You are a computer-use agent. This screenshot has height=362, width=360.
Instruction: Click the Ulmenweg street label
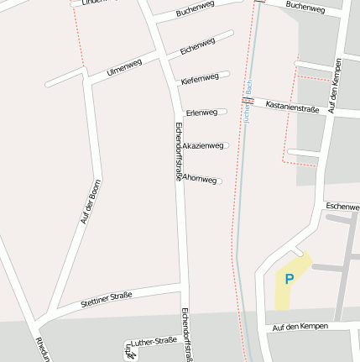(x=125, y=67)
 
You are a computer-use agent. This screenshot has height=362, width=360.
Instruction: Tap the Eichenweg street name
(x=198, y=45)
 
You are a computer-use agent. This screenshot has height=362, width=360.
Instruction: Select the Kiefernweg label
(x=200, y=78)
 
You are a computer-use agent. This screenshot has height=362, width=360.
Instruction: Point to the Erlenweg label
(x=201, y=112)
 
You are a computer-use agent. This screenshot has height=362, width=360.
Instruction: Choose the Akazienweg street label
(x=203, y=146)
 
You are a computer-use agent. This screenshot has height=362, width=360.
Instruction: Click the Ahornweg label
(x=200, y=180)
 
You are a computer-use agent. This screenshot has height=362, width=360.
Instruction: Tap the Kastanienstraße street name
(x=294, y=107)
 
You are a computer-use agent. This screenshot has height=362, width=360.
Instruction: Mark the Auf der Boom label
(x=91, y=202)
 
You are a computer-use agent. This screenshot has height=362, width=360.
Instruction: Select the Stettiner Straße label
(x=107, y=299)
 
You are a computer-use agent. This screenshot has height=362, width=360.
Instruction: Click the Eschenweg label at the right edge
(x=342, y=206)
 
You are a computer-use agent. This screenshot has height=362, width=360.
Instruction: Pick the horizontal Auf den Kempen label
(x=300, y=326)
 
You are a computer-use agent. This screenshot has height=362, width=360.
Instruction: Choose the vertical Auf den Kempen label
(x=336, y=86)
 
